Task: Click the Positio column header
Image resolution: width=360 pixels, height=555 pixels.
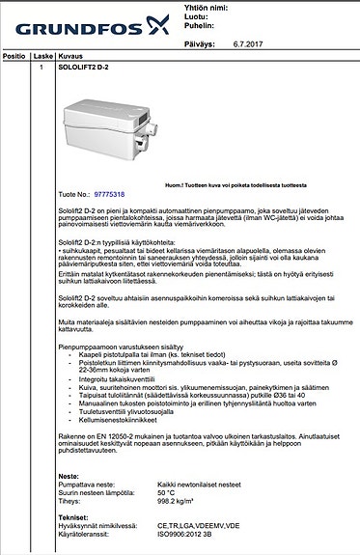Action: point(14,57)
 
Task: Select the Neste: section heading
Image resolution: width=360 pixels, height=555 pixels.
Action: point(69,476)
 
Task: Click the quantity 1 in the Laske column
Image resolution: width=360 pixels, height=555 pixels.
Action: point(42,68)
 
